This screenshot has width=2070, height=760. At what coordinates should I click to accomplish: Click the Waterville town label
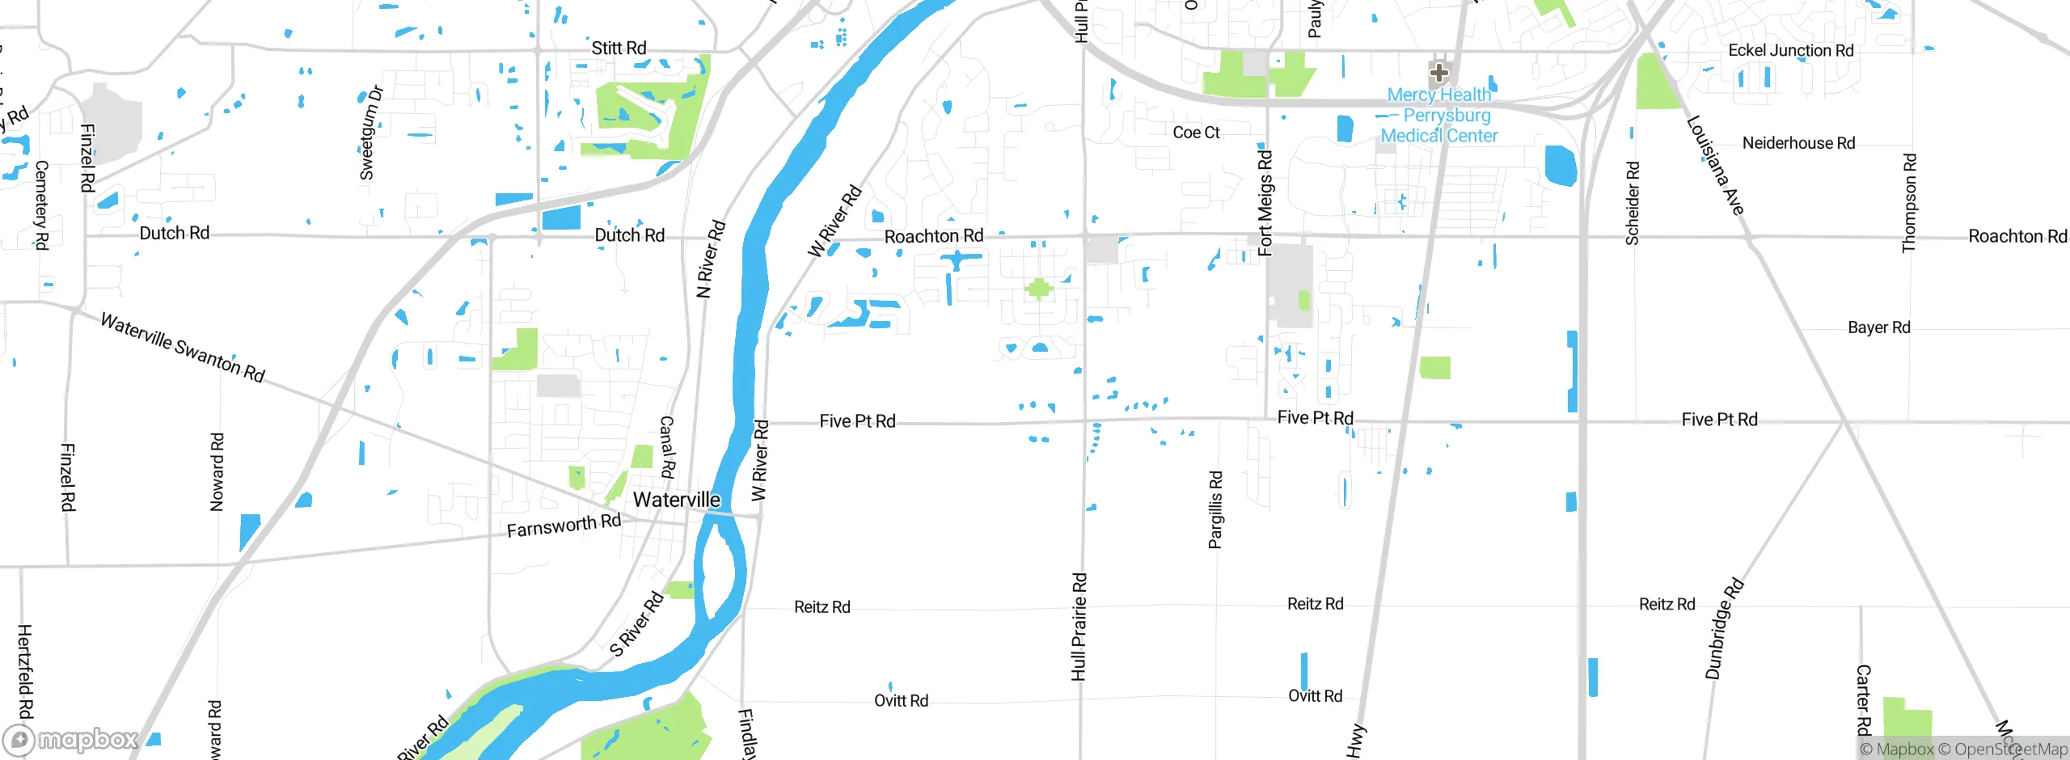[676, 500]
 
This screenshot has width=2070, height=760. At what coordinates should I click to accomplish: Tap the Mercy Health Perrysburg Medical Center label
[1439, 116]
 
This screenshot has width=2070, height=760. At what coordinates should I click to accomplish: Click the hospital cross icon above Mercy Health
[1438, 73]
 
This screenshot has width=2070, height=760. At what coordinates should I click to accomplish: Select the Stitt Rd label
[619, 48]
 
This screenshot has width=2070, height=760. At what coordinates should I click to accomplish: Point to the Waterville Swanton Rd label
[183, 348]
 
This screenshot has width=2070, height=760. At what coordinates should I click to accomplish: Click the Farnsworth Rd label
[564, 526]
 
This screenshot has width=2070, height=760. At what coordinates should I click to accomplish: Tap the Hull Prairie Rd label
[1079, 627]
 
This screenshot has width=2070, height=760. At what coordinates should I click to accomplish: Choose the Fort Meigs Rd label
[1265, 202]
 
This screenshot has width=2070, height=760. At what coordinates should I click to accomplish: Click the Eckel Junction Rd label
[1790, 50]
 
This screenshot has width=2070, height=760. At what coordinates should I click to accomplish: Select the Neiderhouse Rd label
[1798, 143]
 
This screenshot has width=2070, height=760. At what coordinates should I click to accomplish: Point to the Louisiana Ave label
[1715, 166]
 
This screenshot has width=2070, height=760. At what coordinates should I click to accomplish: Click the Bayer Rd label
[1878, 327]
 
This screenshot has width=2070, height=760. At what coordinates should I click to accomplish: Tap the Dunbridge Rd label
[1724, 628]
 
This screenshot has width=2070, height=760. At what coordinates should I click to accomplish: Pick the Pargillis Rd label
[1215, 509]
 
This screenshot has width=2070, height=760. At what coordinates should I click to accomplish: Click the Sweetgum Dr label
[369, 133]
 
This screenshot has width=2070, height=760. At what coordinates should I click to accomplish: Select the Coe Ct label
[1196, 133]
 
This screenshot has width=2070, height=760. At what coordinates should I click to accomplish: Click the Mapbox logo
[71, 739]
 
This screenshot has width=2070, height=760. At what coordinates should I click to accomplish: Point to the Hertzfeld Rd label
[25, 671]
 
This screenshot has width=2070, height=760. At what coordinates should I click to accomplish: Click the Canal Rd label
[666, 447]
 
